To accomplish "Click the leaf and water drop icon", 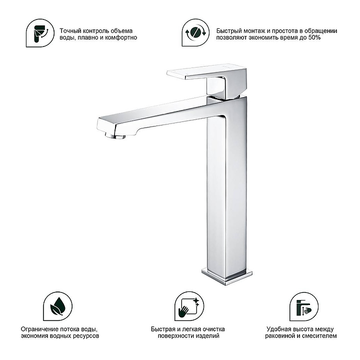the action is tap(58, 306).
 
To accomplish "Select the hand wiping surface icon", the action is tap(189, 306).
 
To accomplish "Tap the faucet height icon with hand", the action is tap(304, 306).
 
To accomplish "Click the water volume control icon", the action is tap(40, 33).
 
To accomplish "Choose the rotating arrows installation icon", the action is tap(195, 32).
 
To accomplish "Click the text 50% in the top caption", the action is tap(314, 37).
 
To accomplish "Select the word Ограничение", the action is tap(39, 329).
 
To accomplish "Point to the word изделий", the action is tap(208, 336).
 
